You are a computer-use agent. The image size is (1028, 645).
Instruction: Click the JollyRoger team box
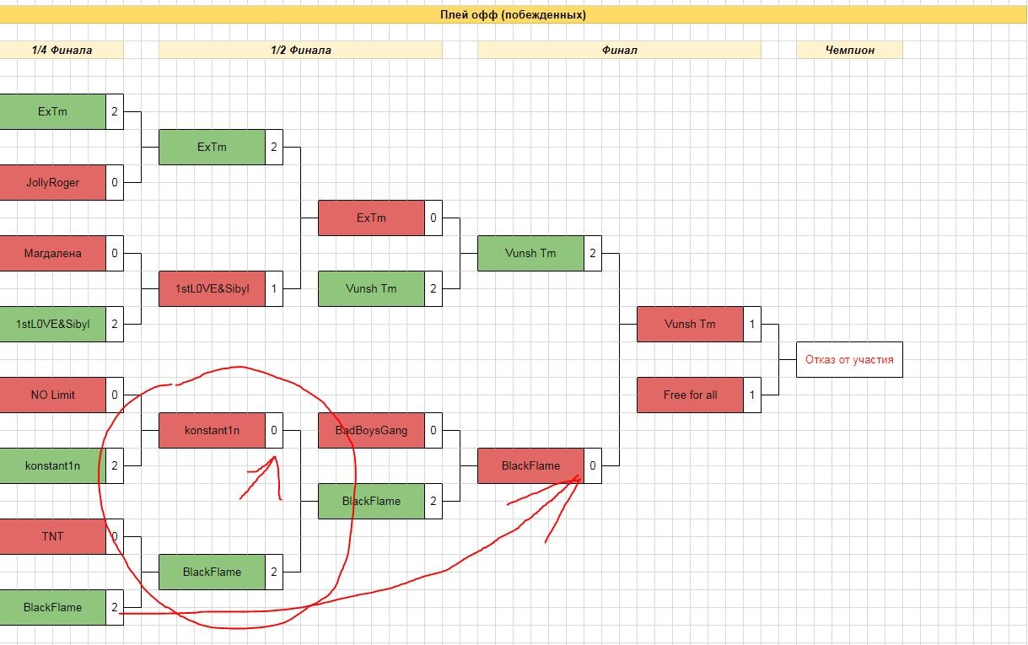pos(52,182)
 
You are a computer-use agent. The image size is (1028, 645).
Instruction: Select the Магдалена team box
pos(52,253)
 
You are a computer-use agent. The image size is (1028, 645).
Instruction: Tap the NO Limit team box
pos(52,395)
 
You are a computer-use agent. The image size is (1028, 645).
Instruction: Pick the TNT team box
pos(52,536)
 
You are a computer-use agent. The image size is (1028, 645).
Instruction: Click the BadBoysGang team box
pos(371,430)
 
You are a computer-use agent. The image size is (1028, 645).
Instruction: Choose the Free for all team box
pos(690,395)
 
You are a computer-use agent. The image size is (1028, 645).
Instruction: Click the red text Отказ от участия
pos(849,359)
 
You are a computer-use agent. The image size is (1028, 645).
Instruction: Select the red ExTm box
pos(371,218)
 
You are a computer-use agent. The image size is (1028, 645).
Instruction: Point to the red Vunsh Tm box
pos(690,324)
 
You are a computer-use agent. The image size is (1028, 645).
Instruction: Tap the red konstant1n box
pos(212,430)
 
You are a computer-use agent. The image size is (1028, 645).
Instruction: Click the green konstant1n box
pos(52,465)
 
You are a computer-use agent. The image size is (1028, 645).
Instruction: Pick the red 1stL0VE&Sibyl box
pos(212,288)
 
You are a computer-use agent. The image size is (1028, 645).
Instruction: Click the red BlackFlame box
pos(530,465)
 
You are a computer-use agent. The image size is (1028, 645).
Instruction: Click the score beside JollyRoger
pos(115,182)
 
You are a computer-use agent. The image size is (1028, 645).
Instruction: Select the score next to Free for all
pos(752,395)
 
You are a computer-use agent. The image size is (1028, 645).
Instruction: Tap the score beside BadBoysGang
pos(433,430)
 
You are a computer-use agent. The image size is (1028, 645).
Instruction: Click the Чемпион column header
pos(849,50)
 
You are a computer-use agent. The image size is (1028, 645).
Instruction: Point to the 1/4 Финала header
pos(62,50)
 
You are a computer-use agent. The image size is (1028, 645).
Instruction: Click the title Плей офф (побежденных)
pos(513,14)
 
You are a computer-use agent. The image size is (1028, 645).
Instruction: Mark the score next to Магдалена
pos(115,253)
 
